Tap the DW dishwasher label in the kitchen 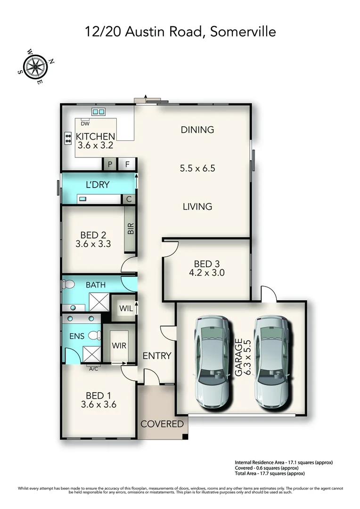point(85,124)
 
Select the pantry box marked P point(110,164)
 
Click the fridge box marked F point(127,164)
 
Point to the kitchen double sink point(98,112)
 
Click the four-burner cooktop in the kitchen point(68,138)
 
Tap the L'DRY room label point(97,185)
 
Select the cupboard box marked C point(129,199)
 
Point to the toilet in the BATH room point(69,285)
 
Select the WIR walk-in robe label point(119,345)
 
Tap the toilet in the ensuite point(95,336)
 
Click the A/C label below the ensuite point(93,369)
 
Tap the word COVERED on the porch point(162,424)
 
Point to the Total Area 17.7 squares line point(270,473)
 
